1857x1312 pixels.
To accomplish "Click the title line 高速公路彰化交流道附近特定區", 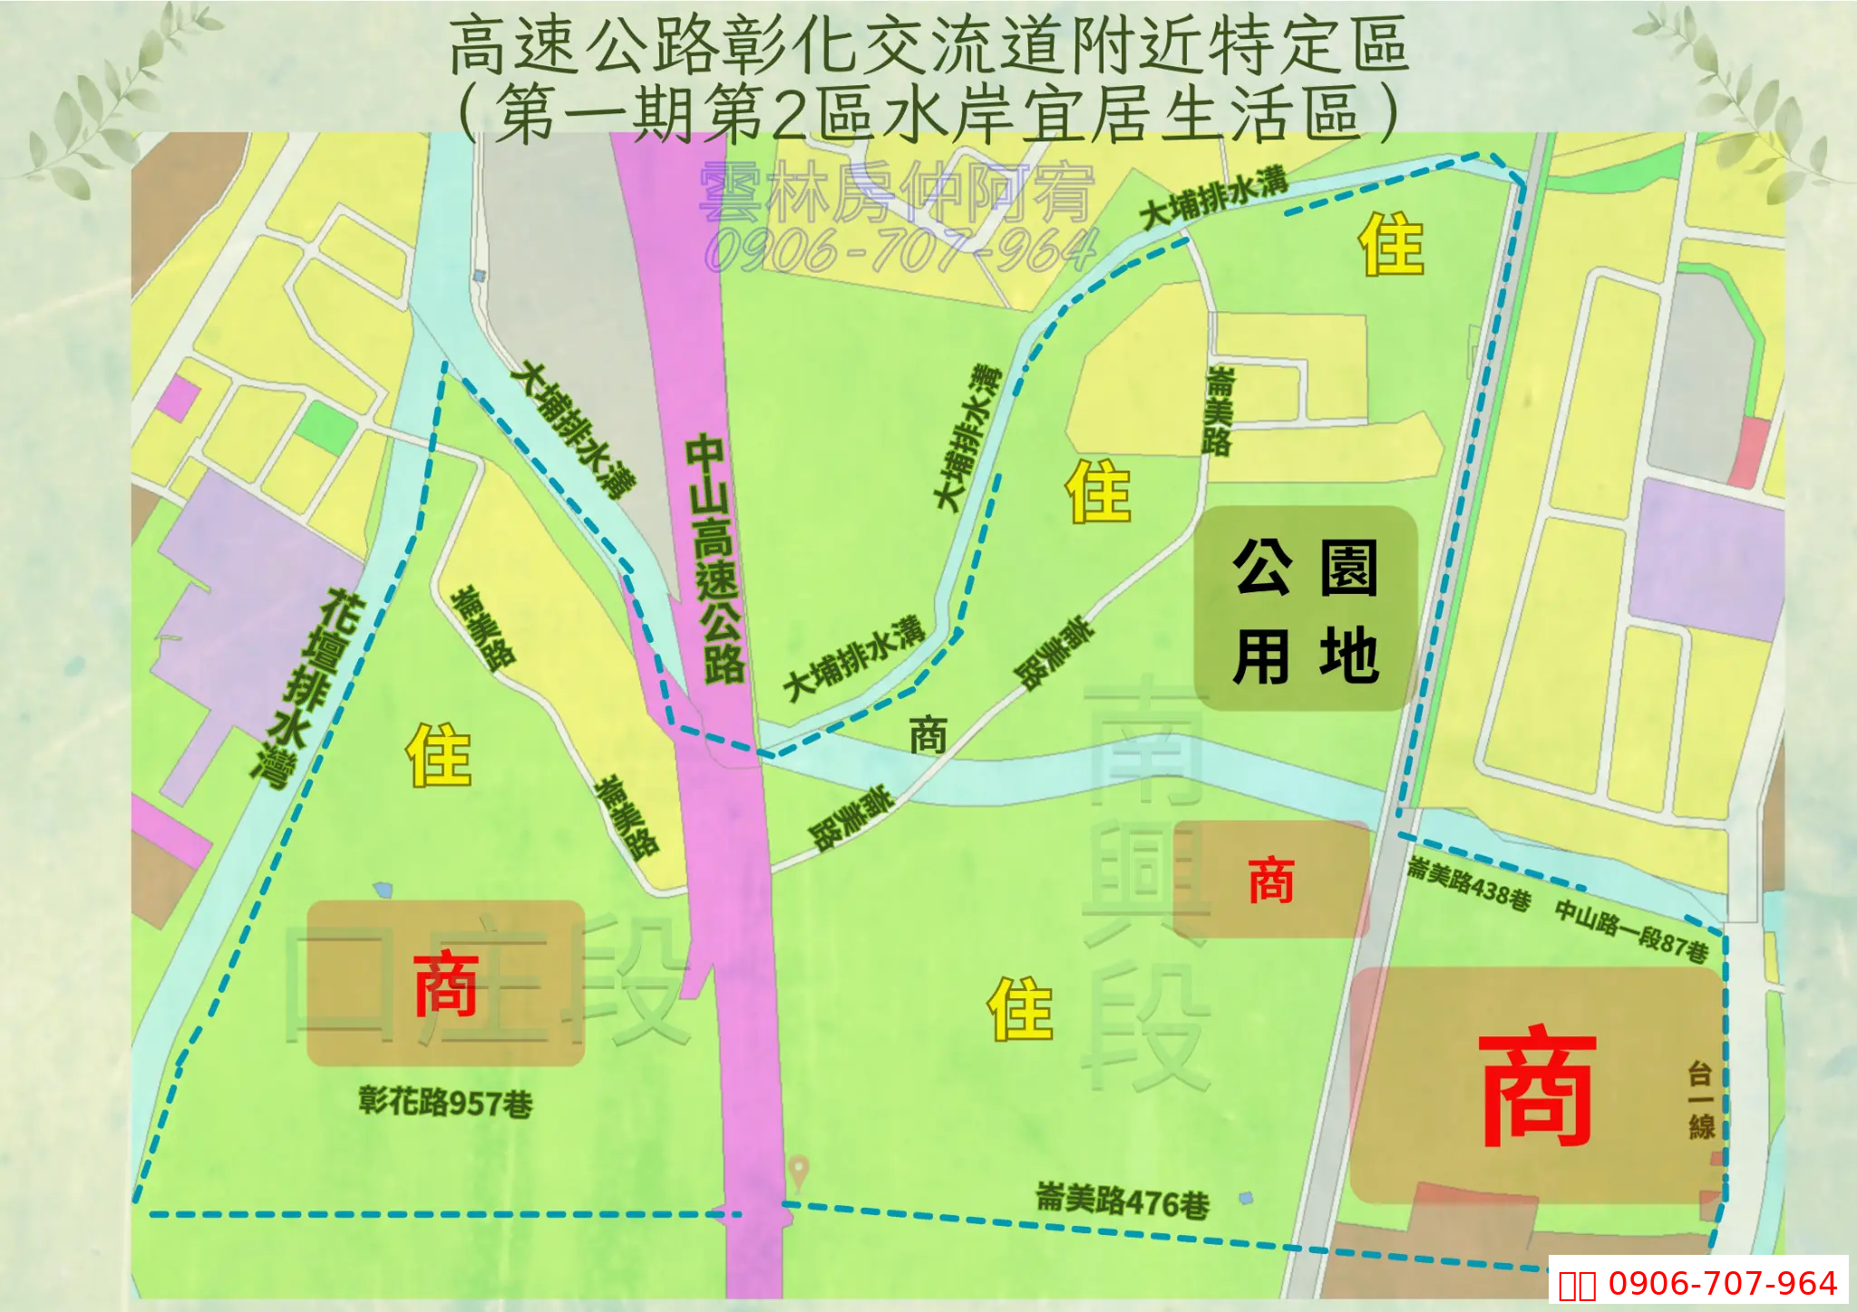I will pos(928,45).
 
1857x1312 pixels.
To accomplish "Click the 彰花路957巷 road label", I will pos(445,1103).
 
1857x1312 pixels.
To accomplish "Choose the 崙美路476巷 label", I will pos(1123,1200).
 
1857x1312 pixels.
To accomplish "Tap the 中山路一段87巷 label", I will pos(1631,930).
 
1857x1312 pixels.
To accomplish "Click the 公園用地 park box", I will pos(1306,608).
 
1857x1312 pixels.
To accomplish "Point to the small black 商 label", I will pos(928,734).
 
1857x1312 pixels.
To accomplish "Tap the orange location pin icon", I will pos(798,1171).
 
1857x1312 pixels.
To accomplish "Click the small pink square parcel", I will pos(179,398).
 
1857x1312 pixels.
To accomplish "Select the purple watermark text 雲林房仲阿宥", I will pos(898,192).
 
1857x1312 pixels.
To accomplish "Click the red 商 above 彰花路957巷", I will pos(445,984).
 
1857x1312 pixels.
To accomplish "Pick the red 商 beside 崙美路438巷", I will pos(1270,880).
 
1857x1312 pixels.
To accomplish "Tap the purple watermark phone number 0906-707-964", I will pos(901,250).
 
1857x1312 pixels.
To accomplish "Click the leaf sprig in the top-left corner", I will pos(109,100).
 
